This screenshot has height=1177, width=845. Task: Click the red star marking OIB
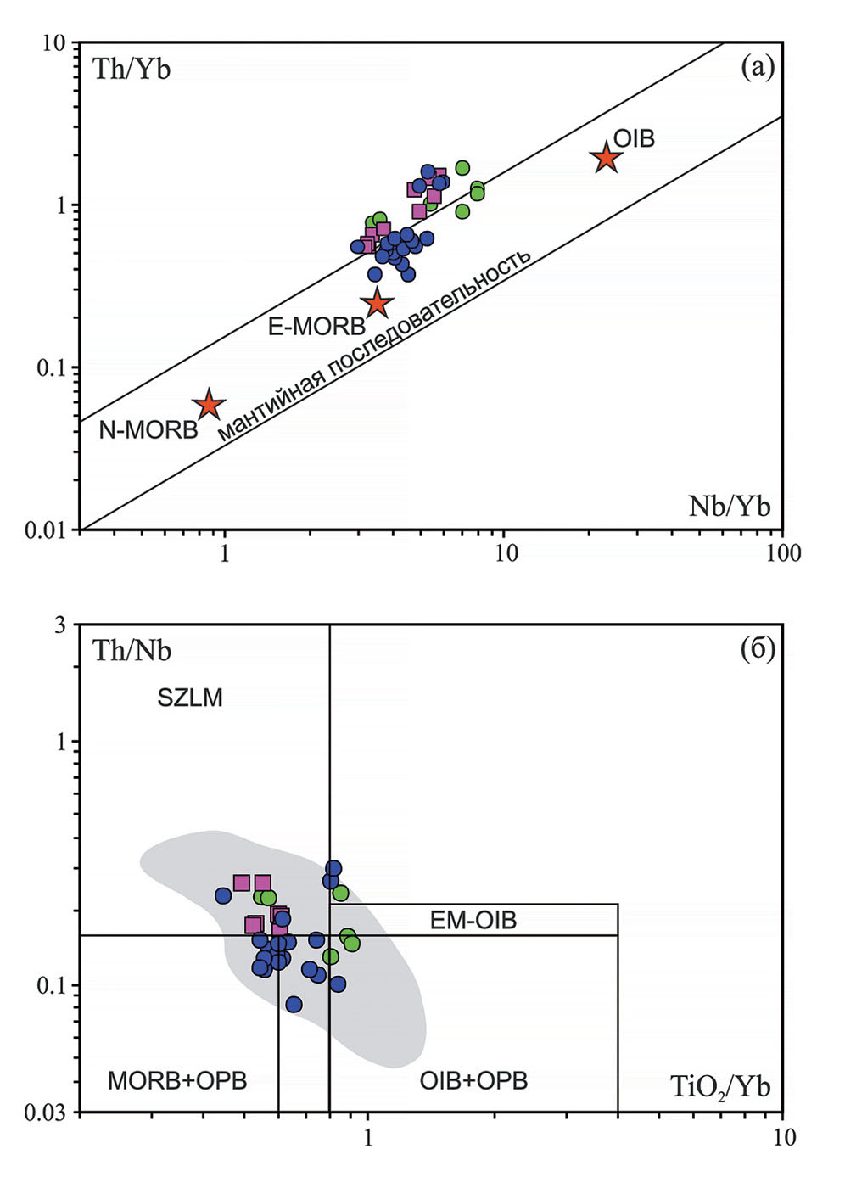pyautogui.click(x=605, y=158)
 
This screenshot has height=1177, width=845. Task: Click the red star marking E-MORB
pyautogui.click(x=377, y=302)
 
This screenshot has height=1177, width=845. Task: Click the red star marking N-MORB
pyautogui.click(x=209, y=406)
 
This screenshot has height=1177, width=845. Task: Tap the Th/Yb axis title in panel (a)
pyautogui.click(x=132, y=69)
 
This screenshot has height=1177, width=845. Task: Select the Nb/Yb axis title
pyautogui.click(x=729, y=507)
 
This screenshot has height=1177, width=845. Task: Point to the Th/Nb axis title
pyautogui.click(x=132, y=651)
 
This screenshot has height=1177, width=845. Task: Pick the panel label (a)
pyautogui.click(x=758, y=66)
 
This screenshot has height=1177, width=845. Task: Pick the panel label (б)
pyautogui.click(x=758, y=649)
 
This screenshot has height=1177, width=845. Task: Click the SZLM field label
pyautogui.click(x=190, y=698)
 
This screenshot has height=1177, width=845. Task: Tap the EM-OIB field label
pyautogui.click(x=473, y=920)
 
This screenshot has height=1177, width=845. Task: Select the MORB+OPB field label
pyautogui.click(x=177, y=1080)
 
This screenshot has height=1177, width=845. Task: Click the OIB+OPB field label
pyautogui.click(x=473, y=1080)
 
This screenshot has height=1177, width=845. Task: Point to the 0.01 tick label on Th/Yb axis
pyautogui.click(x=45, y=530)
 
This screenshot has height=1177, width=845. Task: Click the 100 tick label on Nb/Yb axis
pyautogui.click(x=782, y=553)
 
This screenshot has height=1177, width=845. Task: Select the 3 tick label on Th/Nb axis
pyautogui.click(x=59, y=625)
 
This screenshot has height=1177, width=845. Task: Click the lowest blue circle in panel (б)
pyautogui.click(x=294, y=1005)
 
